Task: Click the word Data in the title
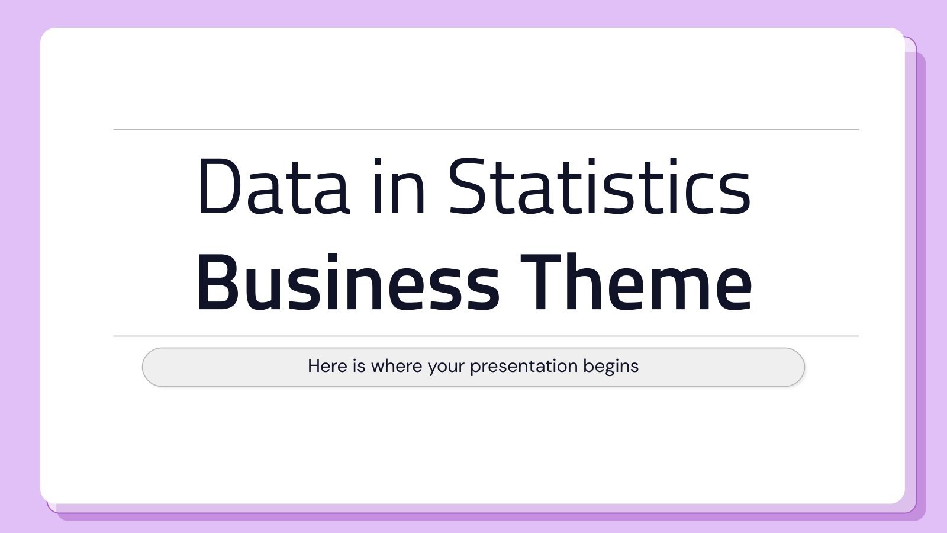click(x=273, y=187)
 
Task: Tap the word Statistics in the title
click(x=599, y=187)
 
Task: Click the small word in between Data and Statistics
click(x=399, y=187)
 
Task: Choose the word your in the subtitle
click(x=446, y=367)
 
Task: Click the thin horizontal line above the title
click(x=485, y=129)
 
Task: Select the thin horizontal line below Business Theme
click(x=485, y=336)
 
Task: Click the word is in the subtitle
click(x=359, y=366)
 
